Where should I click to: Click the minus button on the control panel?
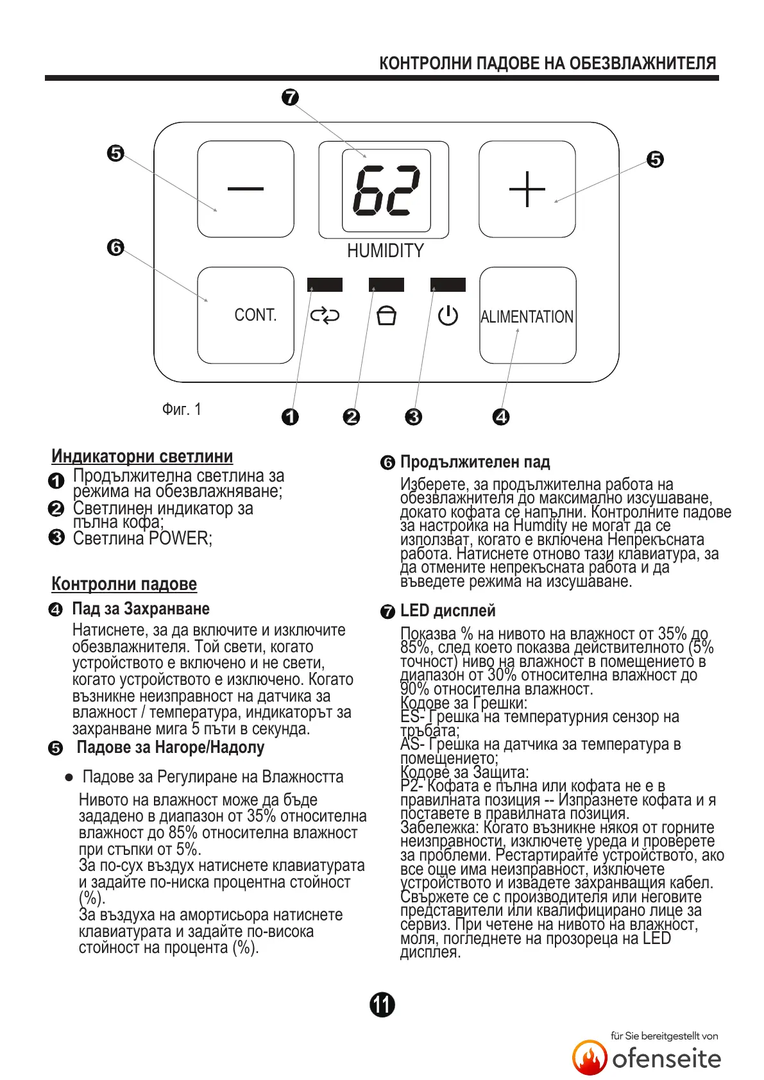pos(245,189)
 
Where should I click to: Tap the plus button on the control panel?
pos(527,189)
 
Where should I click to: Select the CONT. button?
pos(246,315)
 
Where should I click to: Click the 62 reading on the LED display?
pos(386,190)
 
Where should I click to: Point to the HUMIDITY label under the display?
pos(386,251)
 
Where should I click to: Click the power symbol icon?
pos(448,316)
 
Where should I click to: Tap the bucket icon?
pos(386,316)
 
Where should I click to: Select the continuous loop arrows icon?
pos(325,316)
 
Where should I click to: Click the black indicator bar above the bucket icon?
pos(386,285)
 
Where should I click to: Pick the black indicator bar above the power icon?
pos(448,285)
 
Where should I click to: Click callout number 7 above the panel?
pos(291,97)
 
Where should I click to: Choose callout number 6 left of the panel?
pos(115,247)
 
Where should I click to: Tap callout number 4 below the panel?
pos(501,417)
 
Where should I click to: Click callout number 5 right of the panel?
pos(655,159)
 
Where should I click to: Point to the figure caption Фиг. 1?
pos(182,409)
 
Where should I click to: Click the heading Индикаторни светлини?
pos(142,456)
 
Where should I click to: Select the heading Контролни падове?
pos(124,584)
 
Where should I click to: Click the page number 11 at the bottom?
pos(382,1004)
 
